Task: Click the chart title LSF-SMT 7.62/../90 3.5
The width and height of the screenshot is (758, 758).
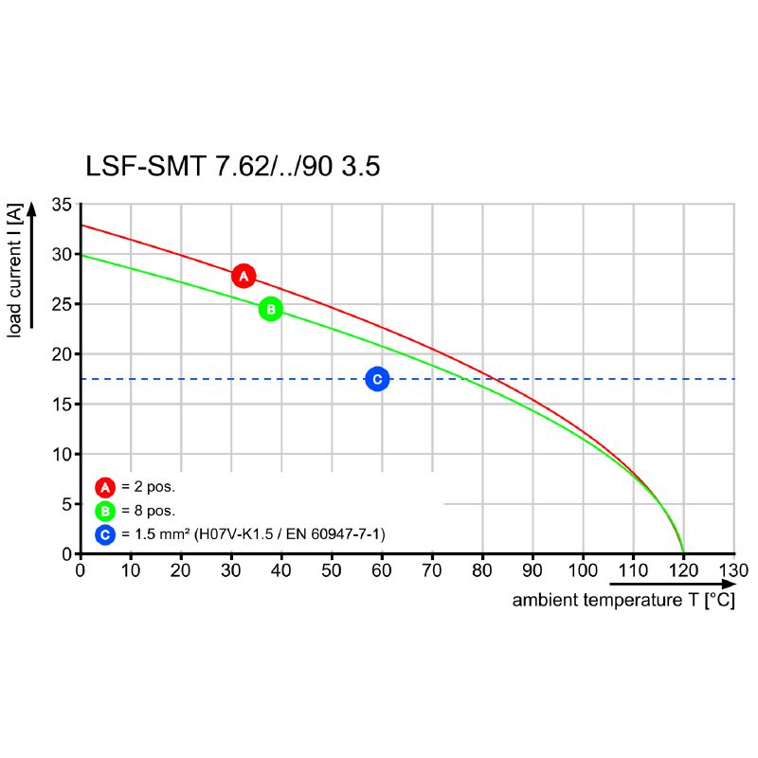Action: [233, 167]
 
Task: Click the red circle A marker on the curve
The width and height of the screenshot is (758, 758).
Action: [244, 276]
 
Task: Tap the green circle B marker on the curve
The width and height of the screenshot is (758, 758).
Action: [270, 309]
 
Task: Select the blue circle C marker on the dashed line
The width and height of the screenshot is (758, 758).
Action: [377, 379]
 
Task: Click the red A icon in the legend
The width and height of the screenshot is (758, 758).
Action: [105, 488]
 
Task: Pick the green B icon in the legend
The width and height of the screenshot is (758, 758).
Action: [105, 512]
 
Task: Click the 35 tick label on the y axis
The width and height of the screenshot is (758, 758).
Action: [62, 205]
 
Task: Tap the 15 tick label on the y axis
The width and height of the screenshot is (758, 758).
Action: [62, 405]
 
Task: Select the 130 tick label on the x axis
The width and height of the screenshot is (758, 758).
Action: [733, 571]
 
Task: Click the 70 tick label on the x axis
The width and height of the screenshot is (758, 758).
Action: [432, 571]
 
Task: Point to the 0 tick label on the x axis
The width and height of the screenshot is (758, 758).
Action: [81, 571]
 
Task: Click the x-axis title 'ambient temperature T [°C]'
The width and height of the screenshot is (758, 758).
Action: [623, 601]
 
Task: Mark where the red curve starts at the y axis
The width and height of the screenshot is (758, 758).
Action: [81, 226]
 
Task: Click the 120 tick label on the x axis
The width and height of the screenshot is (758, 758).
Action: [683, 571]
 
